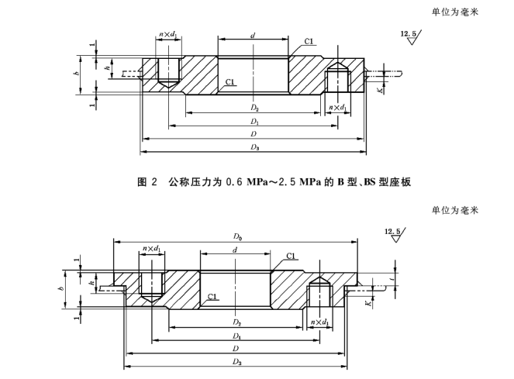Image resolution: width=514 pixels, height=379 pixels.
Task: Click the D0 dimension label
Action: point(238,236)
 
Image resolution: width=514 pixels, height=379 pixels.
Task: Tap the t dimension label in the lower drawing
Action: point(392,279)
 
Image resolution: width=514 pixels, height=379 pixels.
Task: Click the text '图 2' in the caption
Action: point(147,181)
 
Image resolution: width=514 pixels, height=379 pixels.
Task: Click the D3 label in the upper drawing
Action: point(255,147)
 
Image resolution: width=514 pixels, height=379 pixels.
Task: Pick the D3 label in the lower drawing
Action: point(237,362)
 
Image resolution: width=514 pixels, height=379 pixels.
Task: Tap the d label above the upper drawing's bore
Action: point(253,35)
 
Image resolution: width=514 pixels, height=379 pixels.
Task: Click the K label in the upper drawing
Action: point(380,90)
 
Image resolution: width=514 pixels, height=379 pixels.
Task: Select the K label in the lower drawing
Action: point(369,303)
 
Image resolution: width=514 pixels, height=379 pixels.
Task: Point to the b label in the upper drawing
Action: point(77,73)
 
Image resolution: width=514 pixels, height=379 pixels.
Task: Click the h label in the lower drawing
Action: point(92,282)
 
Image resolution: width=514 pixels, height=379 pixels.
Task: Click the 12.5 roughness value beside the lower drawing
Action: point(392,232)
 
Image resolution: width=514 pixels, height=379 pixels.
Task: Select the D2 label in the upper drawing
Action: point(255,108)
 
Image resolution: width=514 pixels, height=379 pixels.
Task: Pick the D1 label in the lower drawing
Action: point(236,336)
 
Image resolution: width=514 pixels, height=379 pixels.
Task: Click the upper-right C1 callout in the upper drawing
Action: point(309,41)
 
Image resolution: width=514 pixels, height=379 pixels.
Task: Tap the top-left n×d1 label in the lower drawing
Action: point(151,249)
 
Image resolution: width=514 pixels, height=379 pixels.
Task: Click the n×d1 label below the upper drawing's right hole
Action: point(338,108)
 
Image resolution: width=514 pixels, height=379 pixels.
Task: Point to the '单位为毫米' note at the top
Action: point(455,12)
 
